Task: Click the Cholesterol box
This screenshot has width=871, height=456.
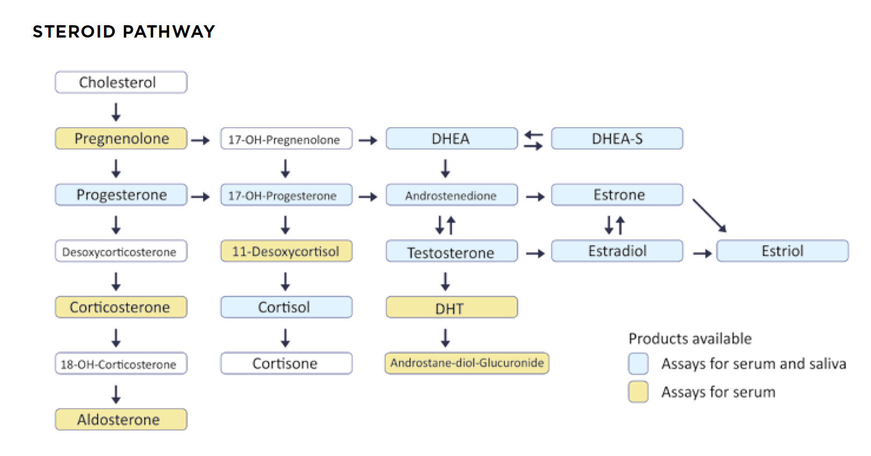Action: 121,82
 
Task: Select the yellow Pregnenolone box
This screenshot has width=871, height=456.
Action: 121,138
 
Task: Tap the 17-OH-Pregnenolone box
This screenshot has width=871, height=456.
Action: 287,138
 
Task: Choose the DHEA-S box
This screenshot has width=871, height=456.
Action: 617,138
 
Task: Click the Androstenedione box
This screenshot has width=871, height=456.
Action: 452,195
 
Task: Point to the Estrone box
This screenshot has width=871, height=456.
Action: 617,195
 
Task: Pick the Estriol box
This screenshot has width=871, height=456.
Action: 783,251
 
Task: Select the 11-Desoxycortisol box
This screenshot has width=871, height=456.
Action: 287,251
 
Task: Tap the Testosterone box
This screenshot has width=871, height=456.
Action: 452,251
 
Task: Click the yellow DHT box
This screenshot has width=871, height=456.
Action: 452,307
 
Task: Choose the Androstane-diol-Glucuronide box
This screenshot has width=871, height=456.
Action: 467,363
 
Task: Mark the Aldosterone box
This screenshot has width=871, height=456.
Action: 121,420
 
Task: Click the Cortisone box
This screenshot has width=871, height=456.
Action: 287,363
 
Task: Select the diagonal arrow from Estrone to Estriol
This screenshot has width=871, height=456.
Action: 710,216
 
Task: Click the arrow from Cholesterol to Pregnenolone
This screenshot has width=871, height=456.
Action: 116,112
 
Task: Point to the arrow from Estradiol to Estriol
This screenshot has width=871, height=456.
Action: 703,254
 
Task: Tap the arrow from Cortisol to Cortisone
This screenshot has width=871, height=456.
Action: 285,338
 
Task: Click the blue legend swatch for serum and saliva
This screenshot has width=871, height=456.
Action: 638,363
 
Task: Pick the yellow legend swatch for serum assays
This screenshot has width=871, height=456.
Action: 638,392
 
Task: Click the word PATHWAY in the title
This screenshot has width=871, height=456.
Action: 169,32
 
